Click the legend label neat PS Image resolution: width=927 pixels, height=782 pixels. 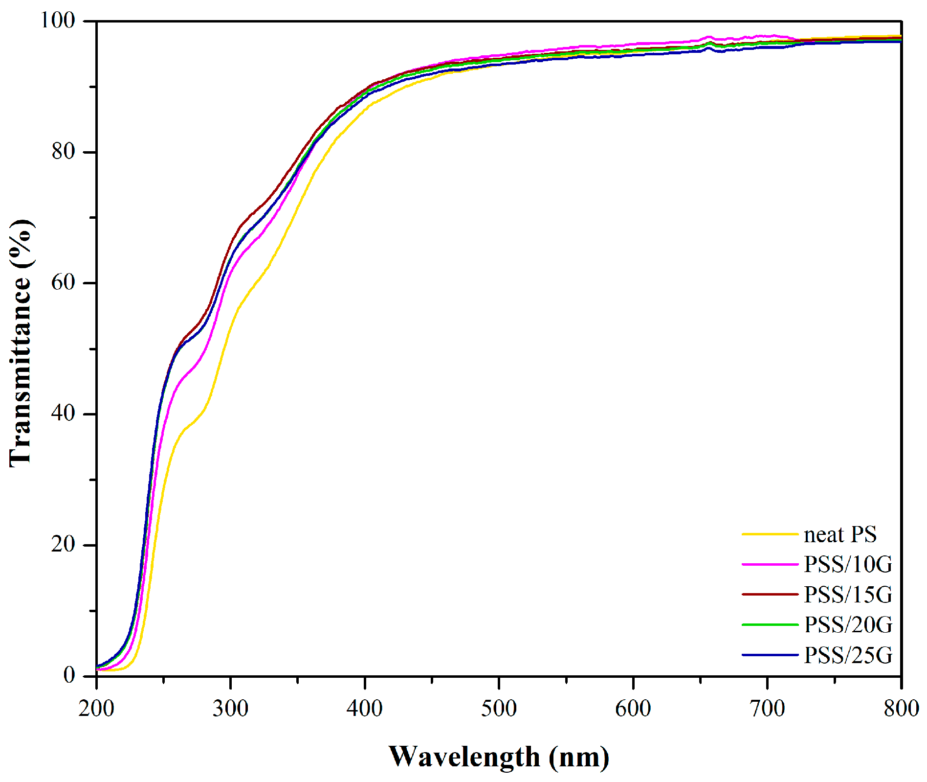point(840,534)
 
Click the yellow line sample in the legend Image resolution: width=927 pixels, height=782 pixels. point(770,534)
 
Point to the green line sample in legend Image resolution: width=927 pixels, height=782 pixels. point(770,625)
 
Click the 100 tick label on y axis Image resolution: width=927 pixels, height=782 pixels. point(58,21)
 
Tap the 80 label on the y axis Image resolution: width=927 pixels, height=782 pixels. point(64,151)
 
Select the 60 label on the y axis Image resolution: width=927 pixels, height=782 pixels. point(64,282)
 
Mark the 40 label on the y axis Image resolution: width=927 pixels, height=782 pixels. point(64,414)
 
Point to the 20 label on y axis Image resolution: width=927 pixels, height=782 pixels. point(64,544)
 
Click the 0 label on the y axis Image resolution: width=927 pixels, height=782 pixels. point(69,675)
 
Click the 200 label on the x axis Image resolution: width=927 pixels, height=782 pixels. point(96,709)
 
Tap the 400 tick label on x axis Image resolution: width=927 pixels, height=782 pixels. point(365,709)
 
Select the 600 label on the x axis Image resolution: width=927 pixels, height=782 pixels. point(633,709)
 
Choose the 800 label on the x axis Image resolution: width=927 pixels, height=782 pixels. point(901,709)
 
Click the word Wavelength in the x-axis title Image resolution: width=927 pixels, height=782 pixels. point(464,757)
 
